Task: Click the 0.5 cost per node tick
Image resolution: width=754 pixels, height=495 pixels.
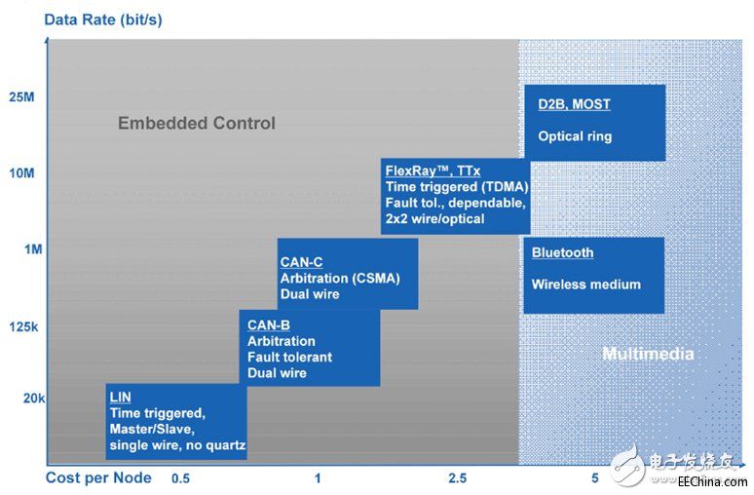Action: [180, 478]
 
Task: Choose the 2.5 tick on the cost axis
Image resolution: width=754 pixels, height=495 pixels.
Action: [457, 478]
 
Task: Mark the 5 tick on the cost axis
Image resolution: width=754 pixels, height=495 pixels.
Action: [594, 478]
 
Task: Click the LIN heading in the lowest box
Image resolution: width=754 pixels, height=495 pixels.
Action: [121, 397]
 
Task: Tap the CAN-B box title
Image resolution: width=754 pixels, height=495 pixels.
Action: [269, 324]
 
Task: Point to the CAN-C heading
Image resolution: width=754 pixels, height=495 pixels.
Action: [301, 261]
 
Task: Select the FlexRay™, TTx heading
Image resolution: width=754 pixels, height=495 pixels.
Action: [433, 171]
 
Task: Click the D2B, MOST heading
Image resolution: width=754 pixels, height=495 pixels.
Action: [574, 103]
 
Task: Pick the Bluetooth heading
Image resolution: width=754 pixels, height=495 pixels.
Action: [562, 252]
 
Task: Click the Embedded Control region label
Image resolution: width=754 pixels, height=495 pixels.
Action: [197, 123]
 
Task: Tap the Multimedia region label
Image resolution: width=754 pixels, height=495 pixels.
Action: [648, 353]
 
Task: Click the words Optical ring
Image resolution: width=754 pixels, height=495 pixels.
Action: [575, 136]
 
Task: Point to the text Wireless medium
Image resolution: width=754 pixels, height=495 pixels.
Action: [585, 285]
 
